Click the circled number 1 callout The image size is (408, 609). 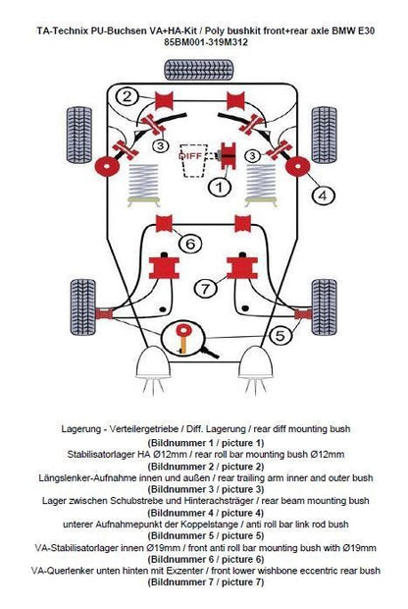tap(220, 188)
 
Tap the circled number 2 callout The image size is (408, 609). tap(127, 96)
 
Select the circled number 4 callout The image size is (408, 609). tap(323, 195)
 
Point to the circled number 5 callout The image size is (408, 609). tap(280, 336)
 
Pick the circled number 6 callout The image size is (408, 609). tap(190, 244)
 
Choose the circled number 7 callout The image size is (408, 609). tap(205, 289)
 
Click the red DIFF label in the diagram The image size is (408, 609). tap(189, 156)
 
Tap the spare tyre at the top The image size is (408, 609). tap(199, 70)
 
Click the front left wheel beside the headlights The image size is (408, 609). tap(83, 306)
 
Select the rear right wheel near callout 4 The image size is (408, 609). tap(325, 135)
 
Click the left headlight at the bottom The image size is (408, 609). tap(154, 362)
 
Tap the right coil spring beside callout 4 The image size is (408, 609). tap(261, 181)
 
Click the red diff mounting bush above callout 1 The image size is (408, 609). tap(229, 156)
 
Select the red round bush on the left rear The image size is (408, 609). tap(107, 166)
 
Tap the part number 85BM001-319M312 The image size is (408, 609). tap(206, 41)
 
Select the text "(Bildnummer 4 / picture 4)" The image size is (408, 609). tap(206, 513)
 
